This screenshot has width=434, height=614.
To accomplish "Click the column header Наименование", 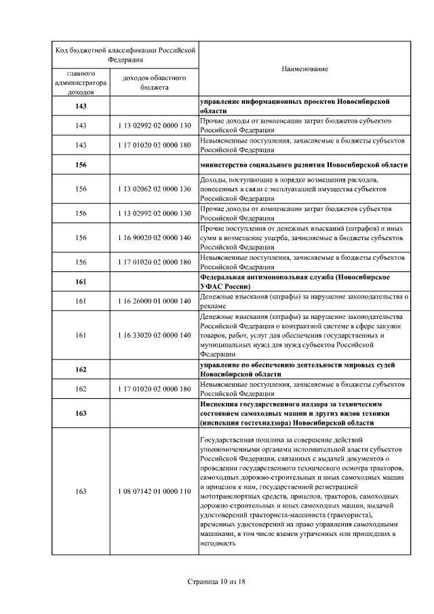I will coord(304,70).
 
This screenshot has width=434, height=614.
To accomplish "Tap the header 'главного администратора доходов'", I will coord(81,83).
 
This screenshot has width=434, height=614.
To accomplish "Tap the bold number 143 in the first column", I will coord(81,107).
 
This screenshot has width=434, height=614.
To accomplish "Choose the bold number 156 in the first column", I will coord(81,165).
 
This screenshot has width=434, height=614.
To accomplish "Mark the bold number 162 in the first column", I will coord(81,370).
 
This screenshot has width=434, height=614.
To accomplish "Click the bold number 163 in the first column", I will coord(81,413).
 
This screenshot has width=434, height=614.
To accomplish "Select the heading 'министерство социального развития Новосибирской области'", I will coord(304,165).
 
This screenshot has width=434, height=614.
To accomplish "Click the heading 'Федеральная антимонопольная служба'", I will coord(304,282).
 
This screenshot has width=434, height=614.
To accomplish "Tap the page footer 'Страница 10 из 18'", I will coord(217,582).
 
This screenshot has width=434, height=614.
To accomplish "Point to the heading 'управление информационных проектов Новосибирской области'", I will coord(304,107).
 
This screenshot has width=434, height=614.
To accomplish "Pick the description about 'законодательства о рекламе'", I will coord(304,301).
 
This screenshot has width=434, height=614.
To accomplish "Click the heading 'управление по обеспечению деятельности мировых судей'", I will coord(304,370).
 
